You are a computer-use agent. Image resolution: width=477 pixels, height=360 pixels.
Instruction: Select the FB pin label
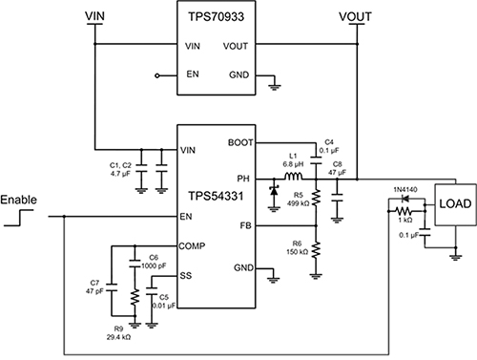247,225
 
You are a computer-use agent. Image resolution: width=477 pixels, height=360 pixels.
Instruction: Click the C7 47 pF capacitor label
94,290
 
